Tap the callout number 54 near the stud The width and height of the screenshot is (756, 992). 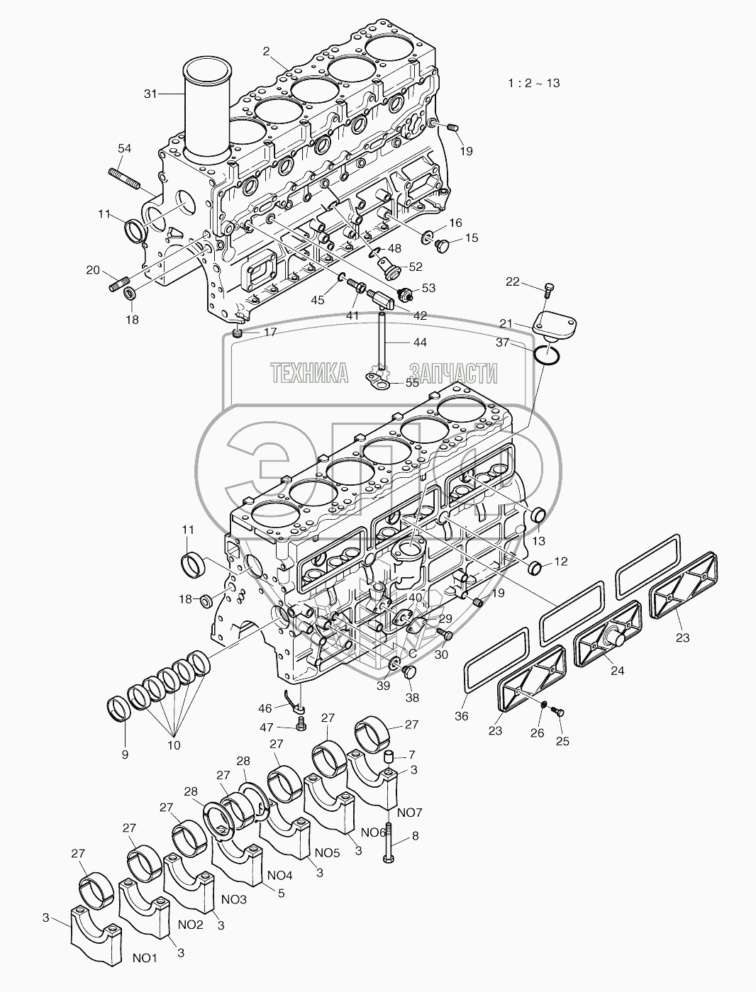[124, 147]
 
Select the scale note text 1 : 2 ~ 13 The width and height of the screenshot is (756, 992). [533, 83]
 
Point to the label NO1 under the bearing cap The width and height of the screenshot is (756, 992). [145, 958]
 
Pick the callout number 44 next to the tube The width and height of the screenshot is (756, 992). [421, 342]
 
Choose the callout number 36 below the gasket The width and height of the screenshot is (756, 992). [461, 716]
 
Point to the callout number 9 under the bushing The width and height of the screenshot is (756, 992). [125, 755]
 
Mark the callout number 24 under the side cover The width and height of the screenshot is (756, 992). [618, 670]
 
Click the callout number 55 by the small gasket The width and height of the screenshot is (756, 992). [412, 383]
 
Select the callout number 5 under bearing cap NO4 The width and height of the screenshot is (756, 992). [281, 894]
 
